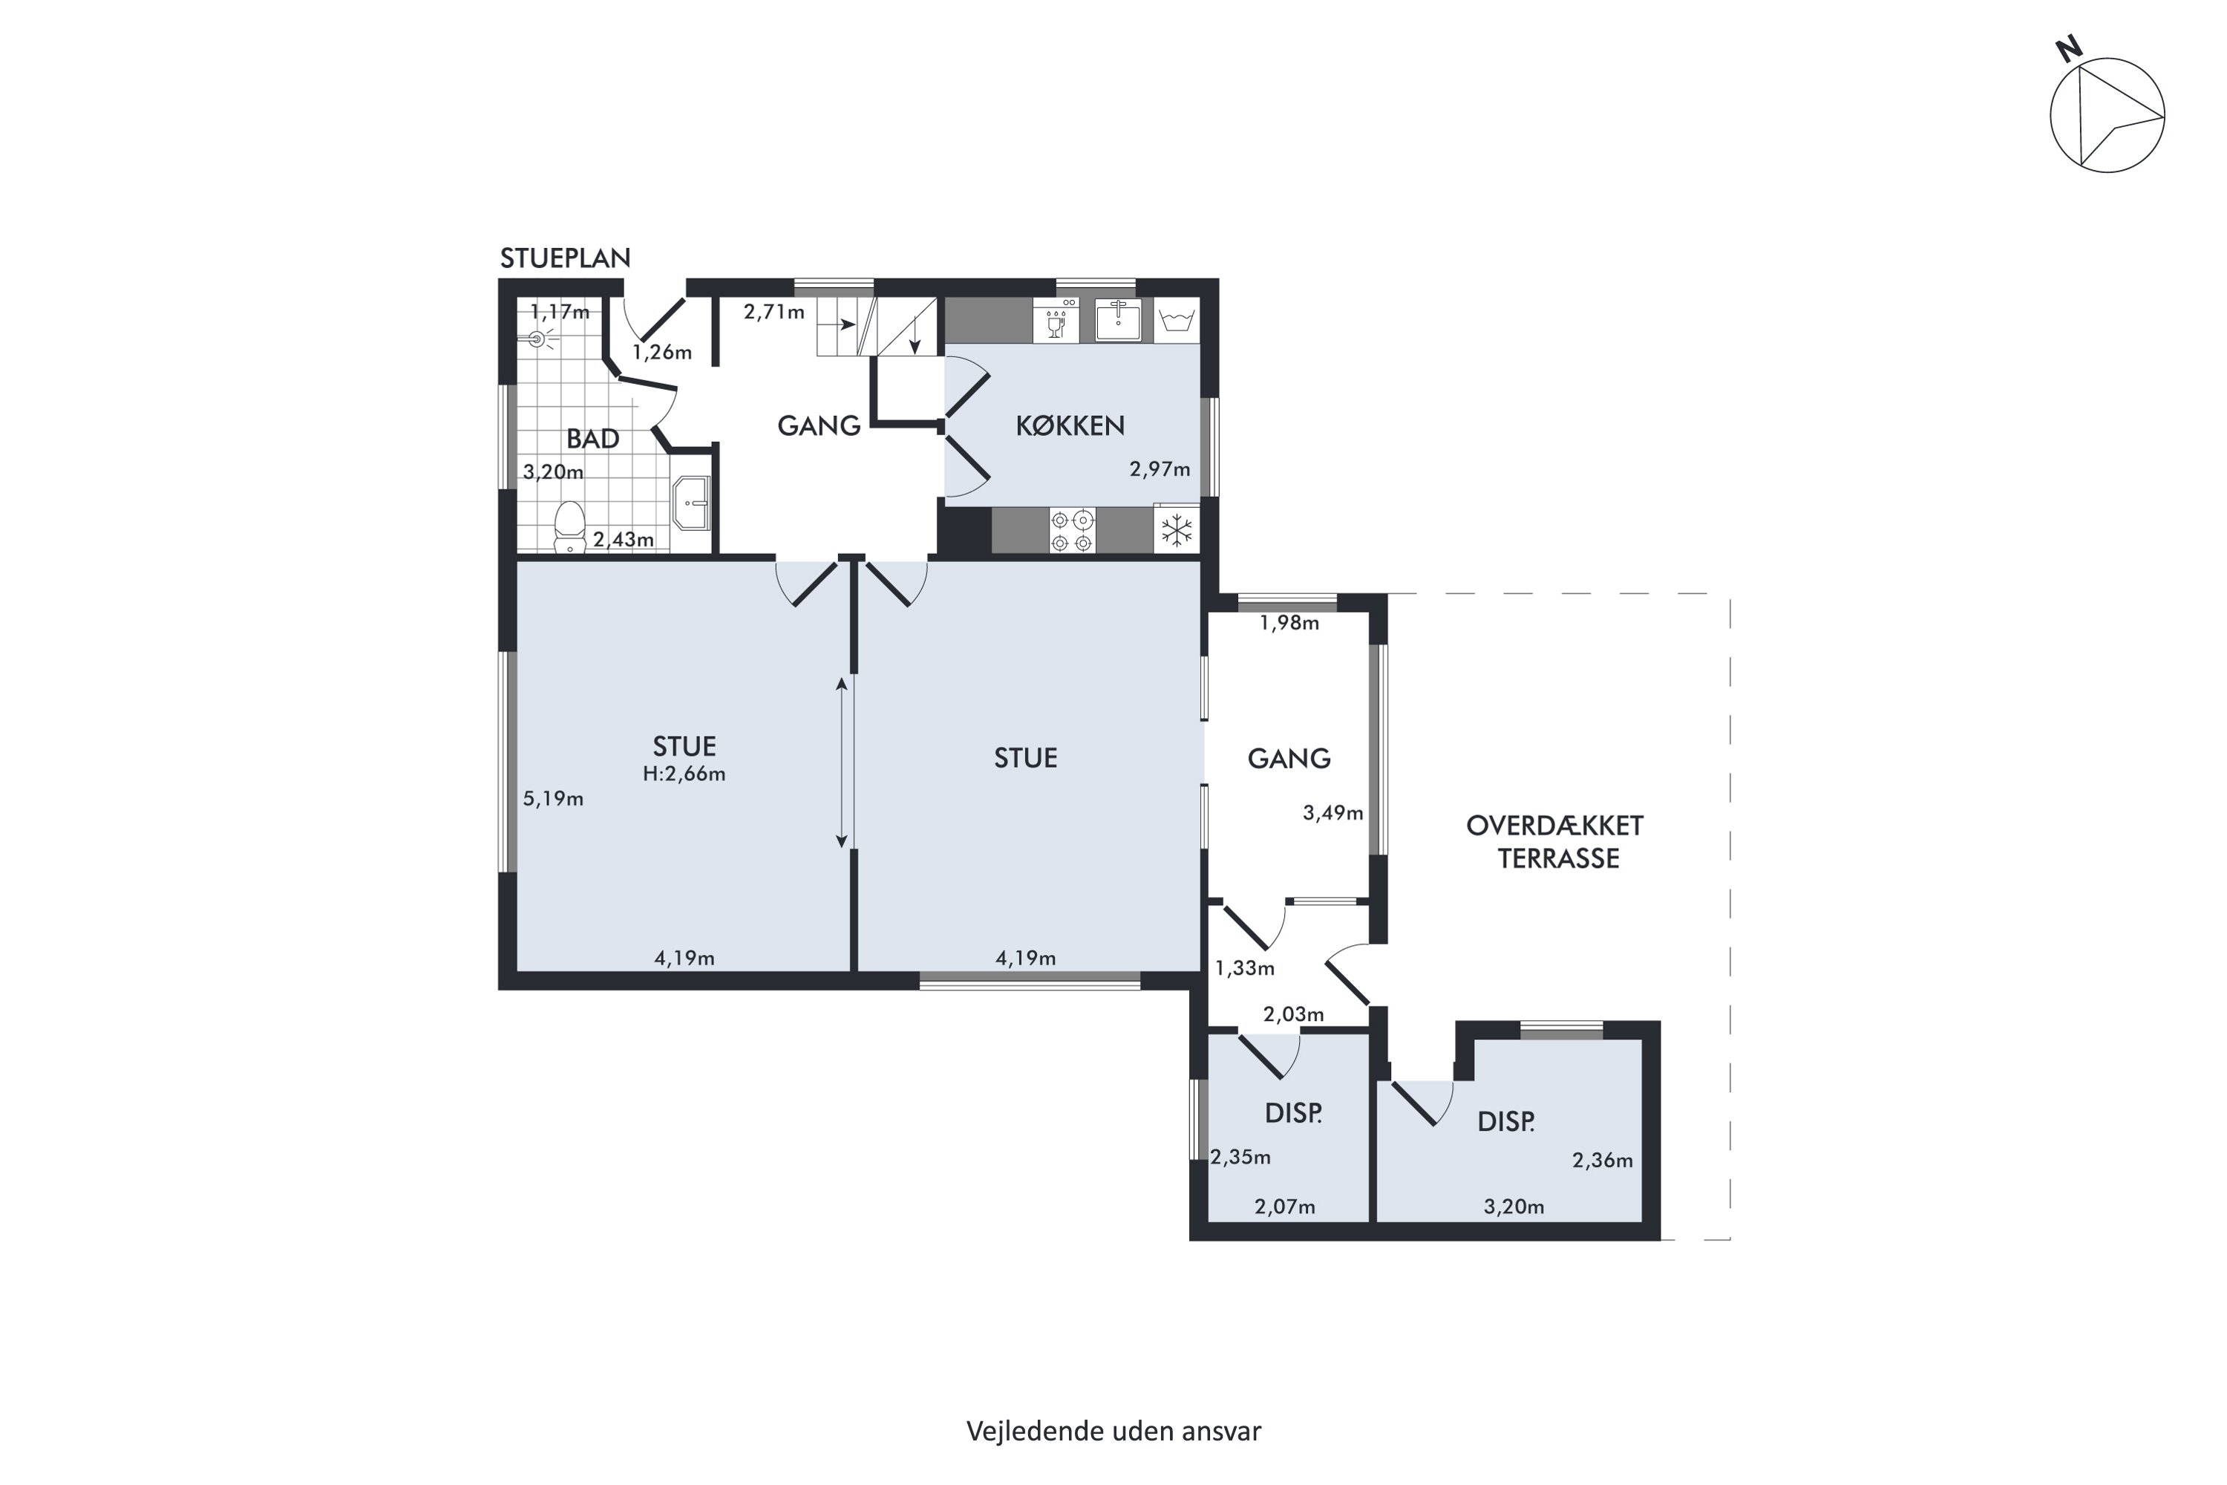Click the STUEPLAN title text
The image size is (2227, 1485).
[x=565, y=258]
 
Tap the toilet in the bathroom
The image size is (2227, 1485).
[x=569, y=526]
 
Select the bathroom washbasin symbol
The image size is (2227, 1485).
[x=691, y=503]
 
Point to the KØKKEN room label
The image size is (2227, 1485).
[x=1070, y=426]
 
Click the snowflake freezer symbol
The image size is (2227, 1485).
[x=1177, y=530]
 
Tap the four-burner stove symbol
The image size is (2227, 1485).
[x=1072, y=530]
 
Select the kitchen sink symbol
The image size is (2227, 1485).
[x=1118, y=320]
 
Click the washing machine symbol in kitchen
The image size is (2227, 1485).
[x=1177, y=320]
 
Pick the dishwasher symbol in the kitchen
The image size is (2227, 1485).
[x=1056, y=320]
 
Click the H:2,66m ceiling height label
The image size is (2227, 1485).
[x=684, y=774]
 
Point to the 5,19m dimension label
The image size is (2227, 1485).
[x=553, y=798]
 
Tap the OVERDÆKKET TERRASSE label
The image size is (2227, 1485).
[x=1554, y=842]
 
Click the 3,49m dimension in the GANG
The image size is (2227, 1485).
[x=1333, y=812]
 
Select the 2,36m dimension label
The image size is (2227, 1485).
[x=1603, y=1160]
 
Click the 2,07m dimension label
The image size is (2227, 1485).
[x=1285, y=1207]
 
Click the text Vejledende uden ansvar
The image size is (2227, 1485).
[x=1113, y=1431]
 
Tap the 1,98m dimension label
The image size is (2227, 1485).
[x=1289, y=623]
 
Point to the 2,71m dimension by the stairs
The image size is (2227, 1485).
[x=774, y=312]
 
